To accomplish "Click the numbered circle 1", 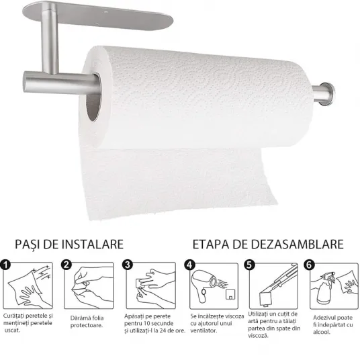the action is (x=5, y=265).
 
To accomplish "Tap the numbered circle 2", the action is (x=66, y=265).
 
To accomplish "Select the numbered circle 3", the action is (x=128, y=265).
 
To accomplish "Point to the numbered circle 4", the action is (x=189, y=265).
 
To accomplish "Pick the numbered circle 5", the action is (x=249, y=265).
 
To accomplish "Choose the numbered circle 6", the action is (x=309, y=265).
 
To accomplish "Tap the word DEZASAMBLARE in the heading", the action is (x=288, y=244).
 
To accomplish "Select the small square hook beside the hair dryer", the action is (x=230, y=294).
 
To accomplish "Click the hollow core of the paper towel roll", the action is (x=93, y=97).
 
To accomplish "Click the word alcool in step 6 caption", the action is (x=322, y=332).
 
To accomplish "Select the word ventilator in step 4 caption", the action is (x=204, y=330).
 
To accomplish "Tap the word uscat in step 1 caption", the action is (x=12, y=330).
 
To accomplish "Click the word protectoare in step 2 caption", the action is (x=87, y=325).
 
